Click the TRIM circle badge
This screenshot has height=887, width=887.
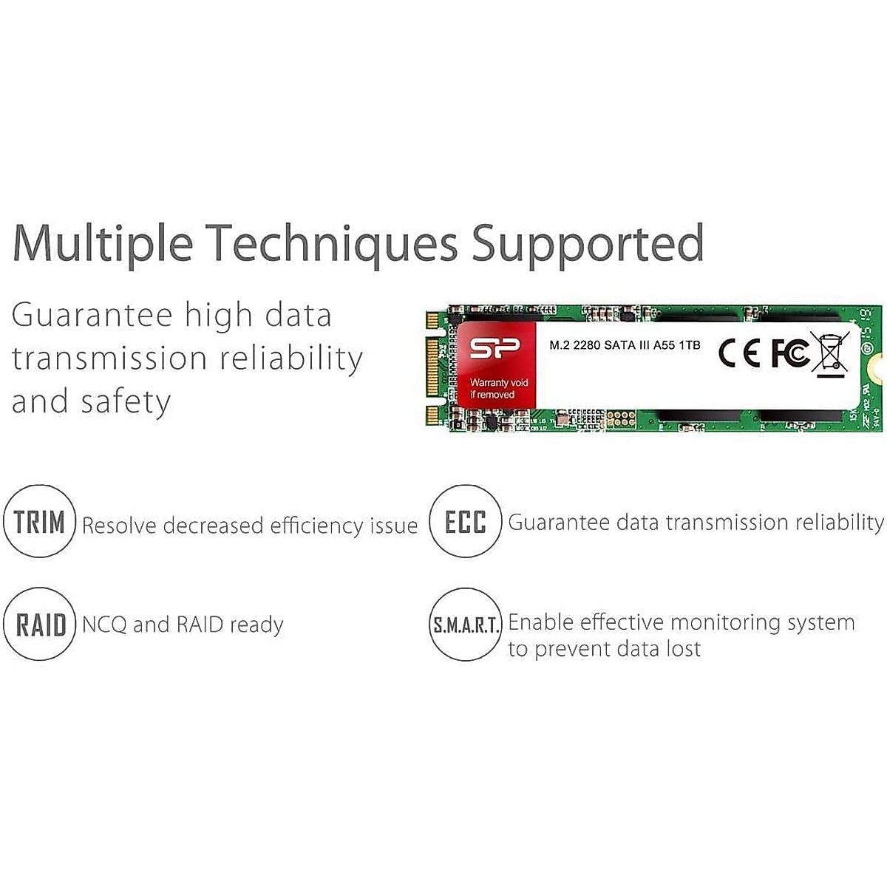click(40, 522)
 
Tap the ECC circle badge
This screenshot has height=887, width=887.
click(466, 522)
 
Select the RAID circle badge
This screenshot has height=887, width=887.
click(40, 625)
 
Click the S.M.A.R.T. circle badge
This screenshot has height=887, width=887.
click(466, 625)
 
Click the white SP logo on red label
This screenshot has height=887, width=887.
click(495, 349)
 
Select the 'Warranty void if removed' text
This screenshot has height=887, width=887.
click(499, 389)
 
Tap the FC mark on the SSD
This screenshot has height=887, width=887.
click(789, 353)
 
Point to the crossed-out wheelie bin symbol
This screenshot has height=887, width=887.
click(829, 353)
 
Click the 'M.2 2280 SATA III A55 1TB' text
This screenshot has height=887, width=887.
click(625, 345)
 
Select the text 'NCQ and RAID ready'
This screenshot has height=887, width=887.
click(183, 625)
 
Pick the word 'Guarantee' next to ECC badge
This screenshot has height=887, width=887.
click(559, 523)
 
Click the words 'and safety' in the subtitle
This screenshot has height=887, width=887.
click(91, 402)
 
